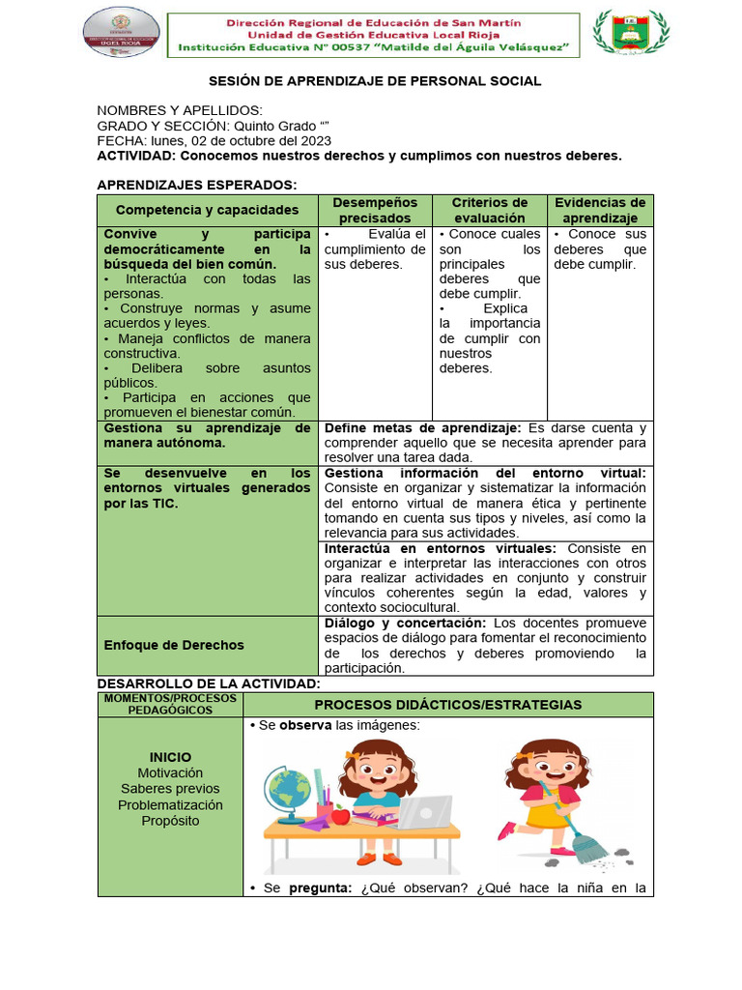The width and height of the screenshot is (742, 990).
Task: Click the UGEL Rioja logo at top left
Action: [122, 34]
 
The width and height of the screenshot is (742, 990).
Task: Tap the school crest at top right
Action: [629, 34]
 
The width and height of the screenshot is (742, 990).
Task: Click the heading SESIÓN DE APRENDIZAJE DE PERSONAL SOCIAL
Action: [376, 81]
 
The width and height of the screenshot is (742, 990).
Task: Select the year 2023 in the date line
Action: [315, 140]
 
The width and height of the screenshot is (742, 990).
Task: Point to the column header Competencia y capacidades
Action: [208, 210]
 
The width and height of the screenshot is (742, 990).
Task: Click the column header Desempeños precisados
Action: [375, 210]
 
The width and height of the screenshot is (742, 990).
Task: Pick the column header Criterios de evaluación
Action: [490, 210]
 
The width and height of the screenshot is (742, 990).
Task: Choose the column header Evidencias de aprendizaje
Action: [600, 210]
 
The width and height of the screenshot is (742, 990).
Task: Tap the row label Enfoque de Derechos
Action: [174, 645]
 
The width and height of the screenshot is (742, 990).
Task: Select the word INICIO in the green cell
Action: [170, 757]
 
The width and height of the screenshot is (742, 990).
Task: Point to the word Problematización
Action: [170, 804]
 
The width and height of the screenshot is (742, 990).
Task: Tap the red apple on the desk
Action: [339, 816]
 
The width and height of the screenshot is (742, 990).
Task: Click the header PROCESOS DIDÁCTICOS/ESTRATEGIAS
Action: [447, 704]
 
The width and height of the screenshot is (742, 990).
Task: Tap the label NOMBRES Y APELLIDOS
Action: [180, 111]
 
